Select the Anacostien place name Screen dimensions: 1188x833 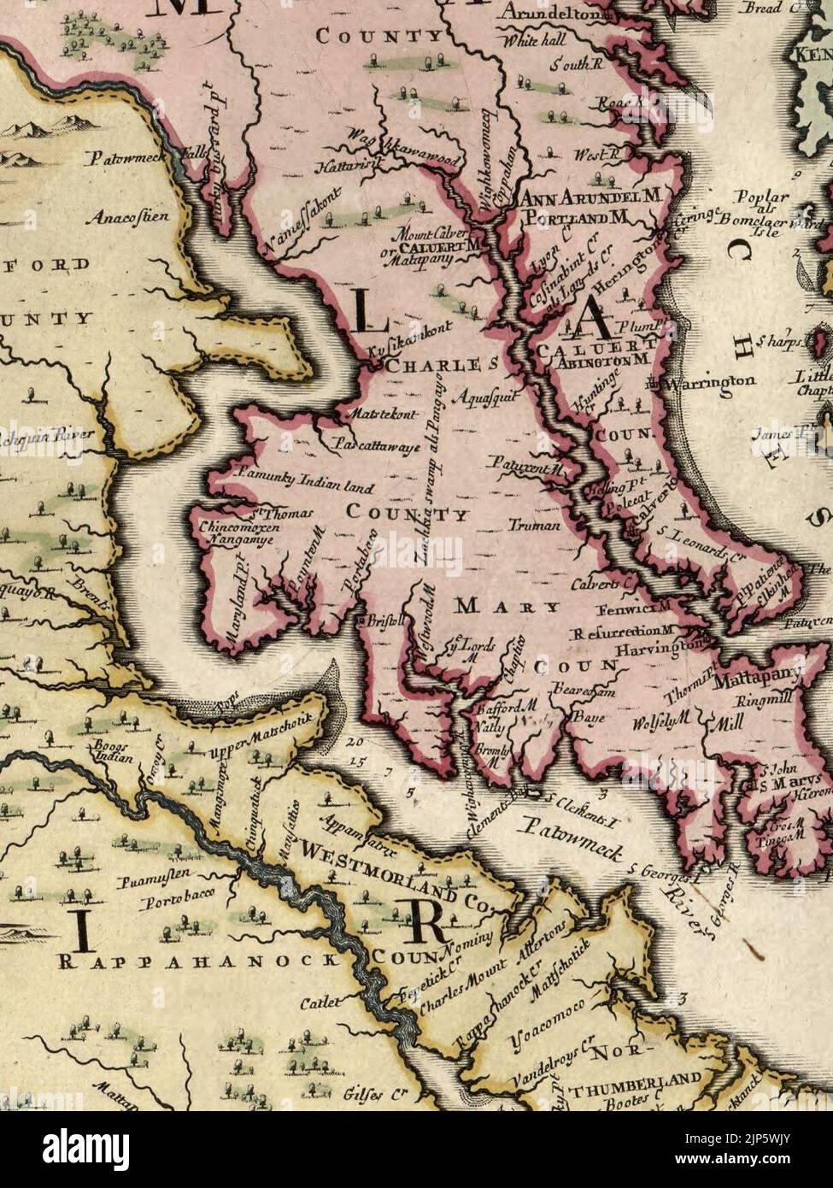pos(131,217)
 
